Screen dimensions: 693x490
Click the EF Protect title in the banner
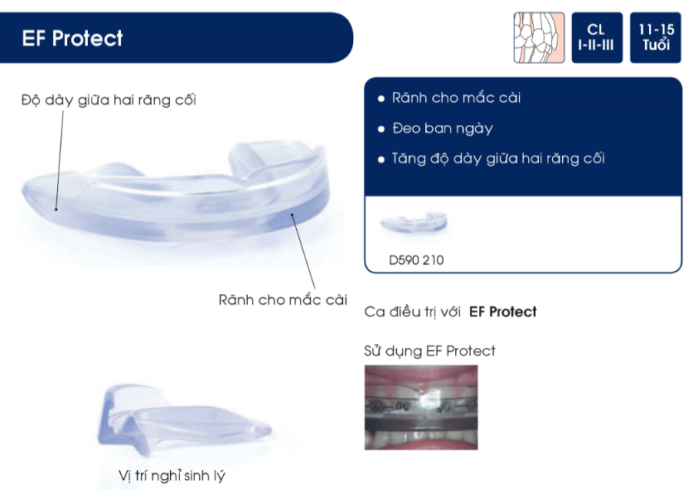[72, 38]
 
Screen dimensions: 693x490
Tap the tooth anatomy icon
[539, 37]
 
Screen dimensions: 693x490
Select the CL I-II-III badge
[597, 37]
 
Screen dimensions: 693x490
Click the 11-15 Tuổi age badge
[656, 37]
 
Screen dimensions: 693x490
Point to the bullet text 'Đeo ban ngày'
[443, 129]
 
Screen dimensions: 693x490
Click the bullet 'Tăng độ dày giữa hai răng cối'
[498, 158]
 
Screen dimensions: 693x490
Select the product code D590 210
[416, 260]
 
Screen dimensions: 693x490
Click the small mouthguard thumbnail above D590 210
[414, 221]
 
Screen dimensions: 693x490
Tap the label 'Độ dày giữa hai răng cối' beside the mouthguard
[109, 100]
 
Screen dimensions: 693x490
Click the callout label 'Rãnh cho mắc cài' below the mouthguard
[283, 300]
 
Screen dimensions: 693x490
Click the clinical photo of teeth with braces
[421, 407]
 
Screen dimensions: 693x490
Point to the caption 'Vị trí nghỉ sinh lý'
[172, 476]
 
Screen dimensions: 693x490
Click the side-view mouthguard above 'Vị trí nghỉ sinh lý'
[184, 420]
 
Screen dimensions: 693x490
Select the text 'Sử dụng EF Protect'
[429, 351]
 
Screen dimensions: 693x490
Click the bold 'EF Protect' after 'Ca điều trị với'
[503, 312]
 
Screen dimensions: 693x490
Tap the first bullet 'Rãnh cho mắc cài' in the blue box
[456, 98]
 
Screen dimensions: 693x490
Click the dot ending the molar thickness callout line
[56, 209]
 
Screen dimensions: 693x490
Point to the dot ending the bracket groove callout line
[292, 215]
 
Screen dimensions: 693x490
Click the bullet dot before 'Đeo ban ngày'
[381, 129]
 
